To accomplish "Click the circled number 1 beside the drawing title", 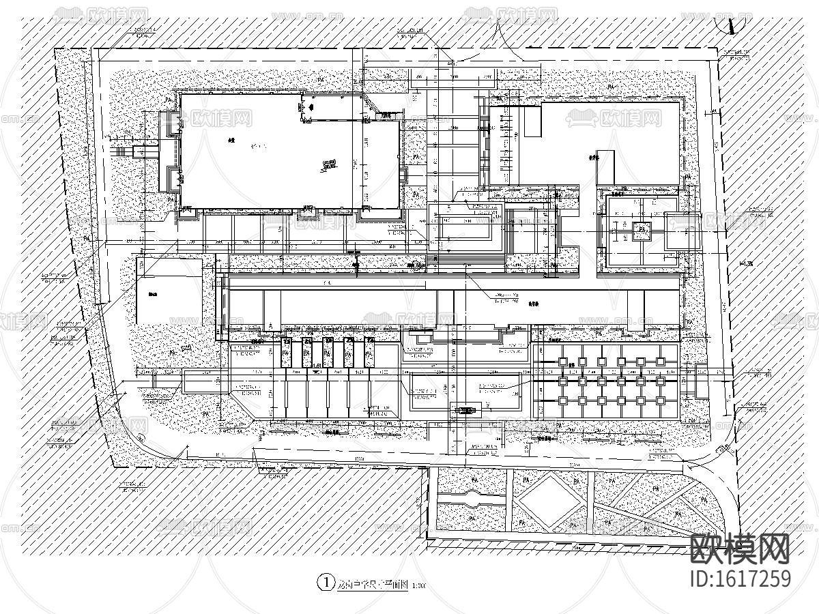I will (326, 583).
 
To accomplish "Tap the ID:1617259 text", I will (741, 579).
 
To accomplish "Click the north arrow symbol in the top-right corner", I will (732, 26).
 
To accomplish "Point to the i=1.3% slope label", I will (745, 264).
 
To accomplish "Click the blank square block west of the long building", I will (168, 292).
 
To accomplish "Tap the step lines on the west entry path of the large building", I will (127, 151).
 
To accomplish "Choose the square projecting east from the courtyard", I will (683, 229).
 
